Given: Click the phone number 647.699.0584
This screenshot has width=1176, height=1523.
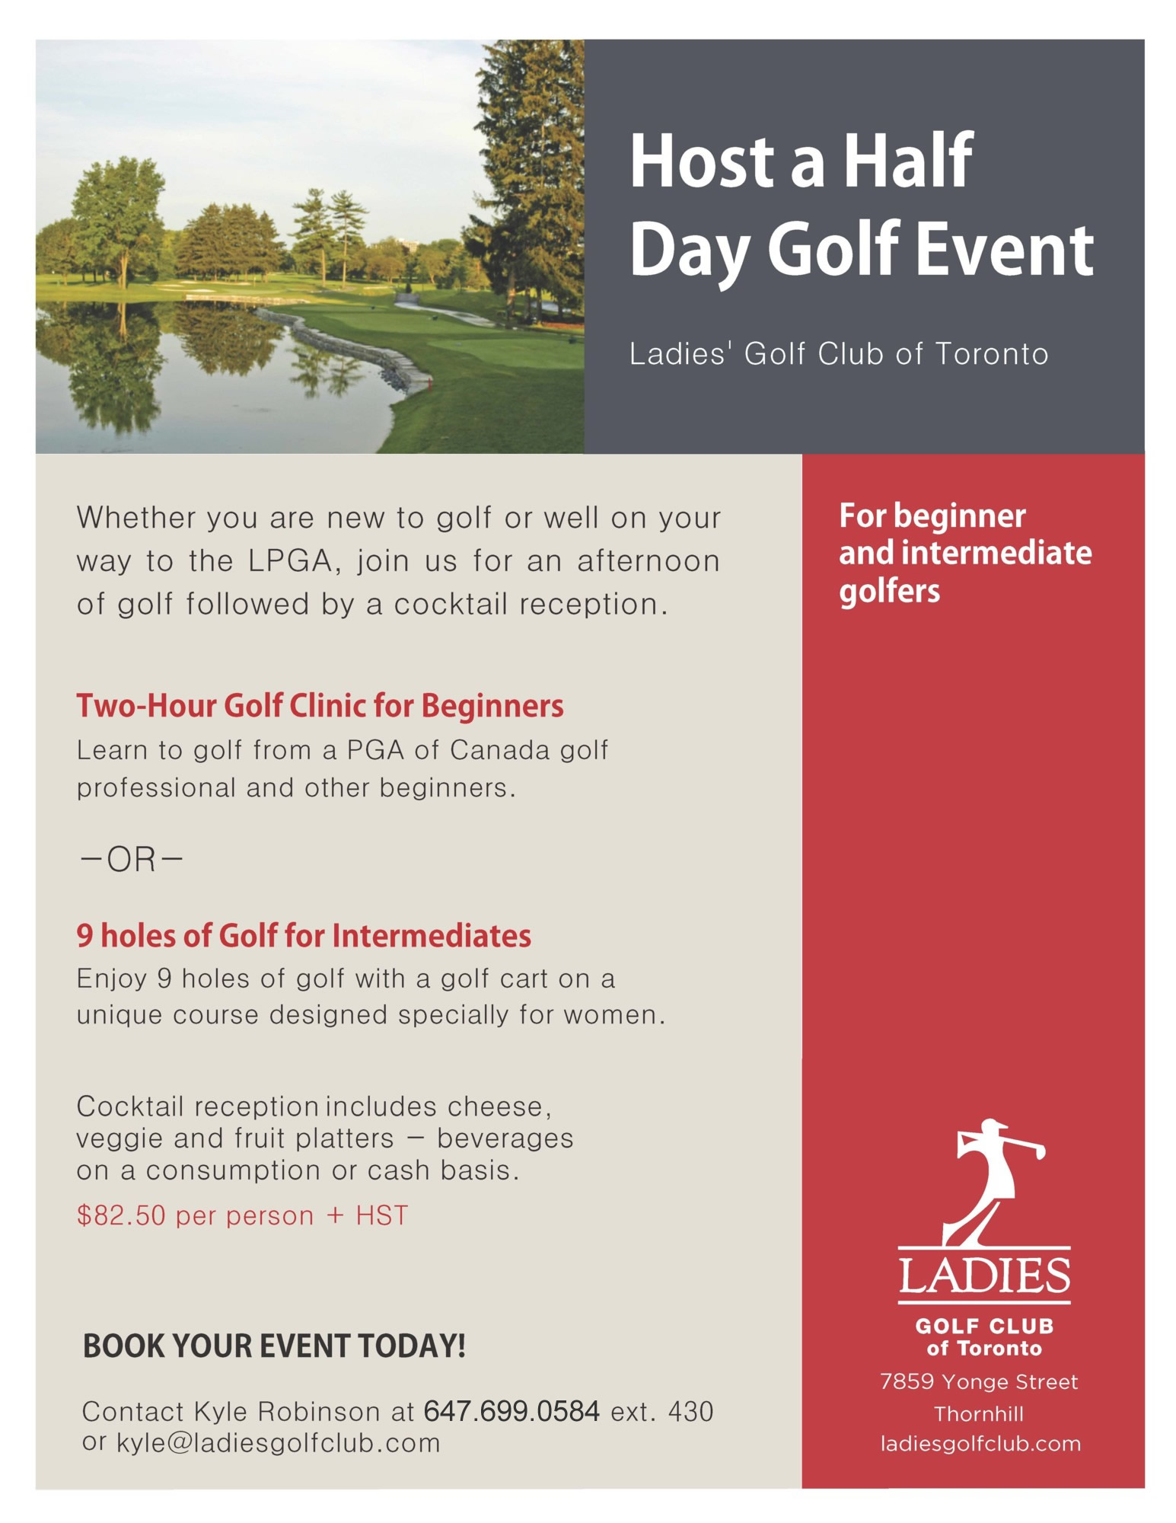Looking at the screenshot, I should click(x=511, y=1411).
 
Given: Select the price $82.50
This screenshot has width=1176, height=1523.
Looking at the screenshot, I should click(x=121, y=1216).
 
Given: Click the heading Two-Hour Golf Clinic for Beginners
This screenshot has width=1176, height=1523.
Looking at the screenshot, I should click(x=320, y=706).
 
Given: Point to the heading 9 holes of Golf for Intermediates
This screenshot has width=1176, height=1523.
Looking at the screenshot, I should click(x=304, y=936).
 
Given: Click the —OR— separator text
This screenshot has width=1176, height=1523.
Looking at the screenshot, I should click(x=131, y=860).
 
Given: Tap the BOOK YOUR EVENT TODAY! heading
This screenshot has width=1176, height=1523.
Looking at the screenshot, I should click(x=274, y=1346).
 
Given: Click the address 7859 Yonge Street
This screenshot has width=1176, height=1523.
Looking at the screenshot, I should click(x=979, y=1382).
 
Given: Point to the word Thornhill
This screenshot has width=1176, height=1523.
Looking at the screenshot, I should click(x=979, y=1414).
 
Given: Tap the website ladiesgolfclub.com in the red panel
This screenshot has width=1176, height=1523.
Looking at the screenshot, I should click(x=980, y=1444).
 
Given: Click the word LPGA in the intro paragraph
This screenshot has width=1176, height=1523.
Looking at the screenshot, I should click(x=290, y=562).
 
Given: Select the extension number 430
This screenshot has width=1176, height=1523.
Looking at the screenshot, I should click(x=690, y=1412).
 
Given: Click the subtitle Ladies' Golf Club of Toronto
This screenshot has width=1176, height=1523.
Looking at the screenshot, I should click(x=839, y=354).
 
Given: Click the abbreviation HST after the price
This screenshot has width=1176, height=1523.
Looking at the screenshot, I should click(x=382, y=1216).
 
